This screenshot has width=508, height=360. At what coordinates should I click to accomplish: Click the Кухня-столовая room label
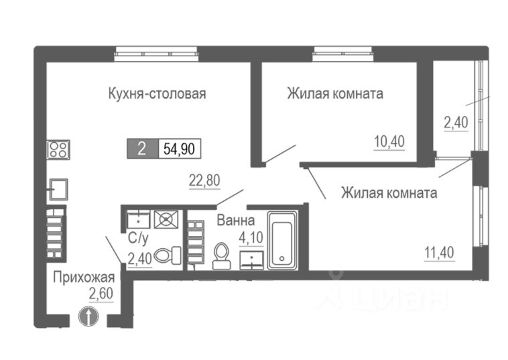tap(156, 93)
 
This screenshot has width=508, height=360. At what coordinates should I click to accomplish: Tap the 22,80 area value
tap(205, 179)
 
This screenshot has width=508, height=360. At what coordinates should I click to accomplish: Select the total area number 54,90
tap(180, 149)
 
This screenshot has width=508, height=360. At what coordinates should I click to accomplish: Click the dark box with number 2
tap(141, 149)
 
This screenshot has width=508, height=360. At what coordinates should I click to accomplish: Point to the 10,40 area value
tap(389, 141)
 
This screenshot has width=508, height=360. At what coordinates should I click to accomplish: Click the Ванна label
tap(235, 219)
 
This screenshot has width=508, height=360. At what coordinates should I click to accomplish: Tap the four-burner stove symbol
tap(58, 149)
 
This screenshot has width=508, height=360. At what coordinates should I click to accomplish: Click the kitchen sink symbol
tap(58, 189)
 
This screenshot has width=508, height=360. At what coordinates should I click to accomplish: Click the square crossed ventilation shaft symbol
tap(164, 219)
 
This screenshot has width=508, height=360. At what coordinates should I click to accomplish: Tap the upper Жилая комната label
tap(334, 93)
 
